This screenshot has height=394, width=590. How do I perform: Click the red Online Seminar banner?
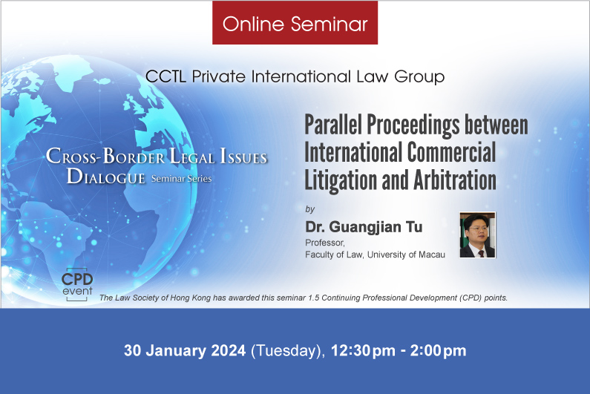click(x=295, y=22)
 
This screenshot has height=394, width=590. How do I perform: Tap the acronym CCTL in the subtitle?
click(x=165, y=76)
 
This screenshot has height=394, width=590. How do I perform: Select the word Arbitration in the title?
click(x=454, y=180)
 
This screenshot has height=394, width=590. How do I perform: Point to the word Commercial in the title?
click(x=451, y=152)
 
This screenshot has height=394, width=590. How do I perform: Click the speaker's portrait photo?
click(x=477, y=235)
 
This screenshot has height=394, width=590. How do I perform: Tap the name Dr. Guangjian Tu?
click(x=364, y=227)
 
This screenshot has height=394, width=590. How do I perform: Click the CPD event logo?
click(x=77, y=284)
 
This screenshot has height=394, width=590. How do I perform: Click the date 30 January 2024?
click(x=185, y=350)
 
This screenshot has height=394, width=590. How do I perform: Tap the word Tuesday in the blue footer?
click(x=286, y=351)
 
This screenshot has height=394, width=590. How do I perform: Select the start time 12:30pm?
click(x=363, y=351)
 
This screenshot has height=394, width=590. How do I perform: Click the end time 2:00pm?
click(x=439, y=351)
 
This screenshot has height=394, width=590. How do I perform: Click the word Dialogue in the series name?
click(x=105, y=176)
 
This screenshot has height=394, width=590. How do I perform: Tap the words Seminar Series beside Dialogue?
click(x=181, y=179)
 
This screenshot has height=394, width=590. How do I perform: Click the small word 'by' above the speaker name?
click(x=309, y=209)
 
